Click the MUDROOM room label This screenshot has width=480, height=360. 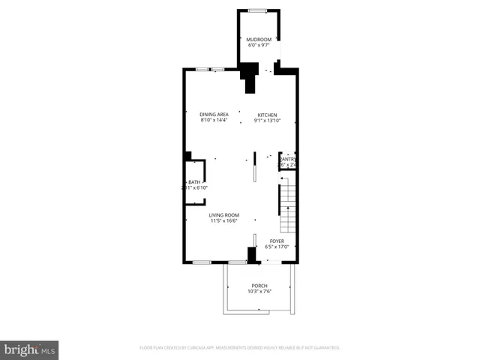259,39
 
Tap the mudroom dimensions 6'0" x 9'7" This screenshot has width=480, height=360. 259,45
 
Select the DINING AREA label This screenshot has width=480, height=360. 214,115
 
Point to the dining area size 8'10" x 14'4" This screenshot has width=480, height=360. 214,121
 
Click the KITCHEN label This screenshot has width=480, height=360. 268,115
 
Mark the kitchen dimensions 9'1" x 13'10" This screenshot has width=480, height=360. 268,121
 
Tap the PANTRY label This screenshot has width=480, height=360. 287,159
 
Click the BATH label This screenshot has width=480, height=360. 194,182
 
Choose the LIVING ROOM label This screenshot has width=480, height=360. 223,216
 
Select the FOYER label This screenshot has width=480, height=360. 277,241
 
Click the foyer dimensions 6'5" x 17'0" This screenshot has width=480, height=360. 277,247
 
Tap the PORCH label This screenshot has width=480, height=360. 259,286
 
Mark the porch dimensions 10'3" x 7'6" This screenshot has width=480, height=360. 259,292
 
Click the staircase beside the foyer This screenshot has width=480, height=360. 289,208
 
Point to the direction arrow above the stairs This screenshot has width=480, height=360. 282,178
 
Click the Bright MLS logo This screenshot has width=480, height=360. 30,349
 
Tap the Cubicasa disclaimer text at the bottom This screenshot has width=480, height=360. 240,348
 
